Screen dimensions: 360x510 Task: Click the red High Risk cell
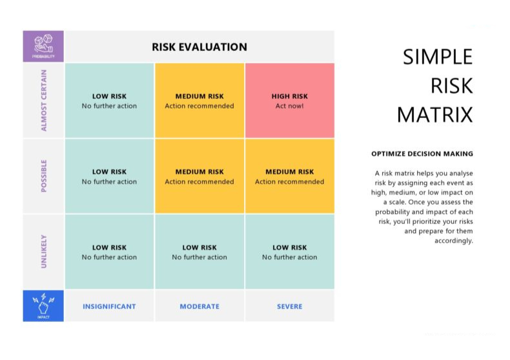pos(289,101)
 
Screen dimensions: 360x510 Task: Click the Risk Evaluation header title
pos(199,46)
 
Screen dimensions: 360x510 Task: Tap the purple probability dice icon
pos(43,46)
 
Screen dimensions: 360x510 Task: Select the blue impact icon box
pos(43,305)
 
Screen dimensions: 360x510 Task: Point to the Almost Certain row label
pos(44,101)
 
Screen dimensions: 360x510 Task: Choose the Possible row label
pos(44,175)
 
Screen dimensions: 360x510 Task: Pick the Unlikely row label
pos(44,252)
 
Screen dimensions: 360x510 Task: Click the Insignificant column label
pos(109,306)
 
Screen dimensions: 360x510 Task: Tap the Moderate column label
pos(199,306)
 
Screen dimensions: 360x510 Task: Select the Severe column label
pos(289,306)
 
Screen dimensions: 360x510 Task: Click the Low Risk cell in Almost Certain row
pos(109,101)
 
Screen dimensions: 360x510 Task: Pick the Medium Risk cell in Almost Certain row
pos(199,101)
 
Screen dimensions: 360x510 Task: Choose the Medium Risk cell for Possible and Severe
pos(289,176)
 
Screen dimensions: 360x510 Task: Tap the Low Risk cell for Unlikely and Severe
pos(289,252)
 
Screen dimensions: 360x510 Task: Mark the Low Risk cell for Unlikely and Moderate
pos(199,252)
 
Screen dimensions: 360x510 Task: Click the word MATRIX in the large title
pos(434,115)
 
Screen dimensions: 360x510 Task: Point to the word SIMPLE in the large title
pos(438,57)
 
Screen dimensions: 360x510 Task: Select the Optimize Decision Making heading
pos(422,154)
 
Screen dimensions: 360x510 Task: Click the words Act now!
pos(289,106)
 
